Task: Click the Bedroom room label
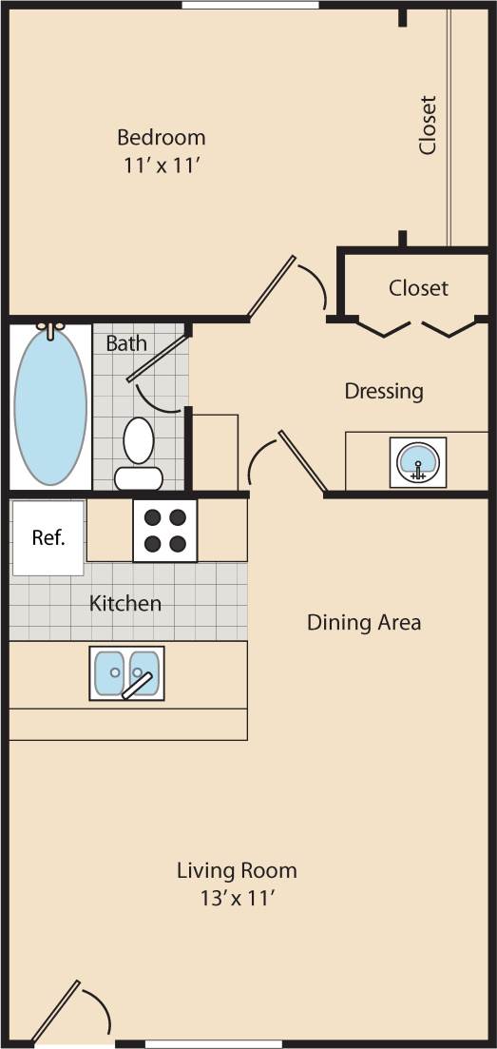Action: (161, 136)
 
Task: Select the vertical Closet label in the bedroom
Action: (428, 125)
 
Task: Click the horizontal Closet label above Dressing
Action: (418, 287)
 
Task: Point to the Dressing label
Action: (384, 391)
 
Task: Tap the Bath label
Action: (126, 343)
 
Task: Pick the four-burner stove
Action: (164, 531)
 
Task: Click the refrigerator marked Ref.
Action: (48, 537)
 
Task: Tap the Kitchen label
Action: (125, 603)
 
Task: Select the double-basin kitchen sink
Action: (126, 673)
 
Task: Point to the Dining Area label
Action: (364, 623)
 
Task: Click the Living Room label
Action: (237, 870)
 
